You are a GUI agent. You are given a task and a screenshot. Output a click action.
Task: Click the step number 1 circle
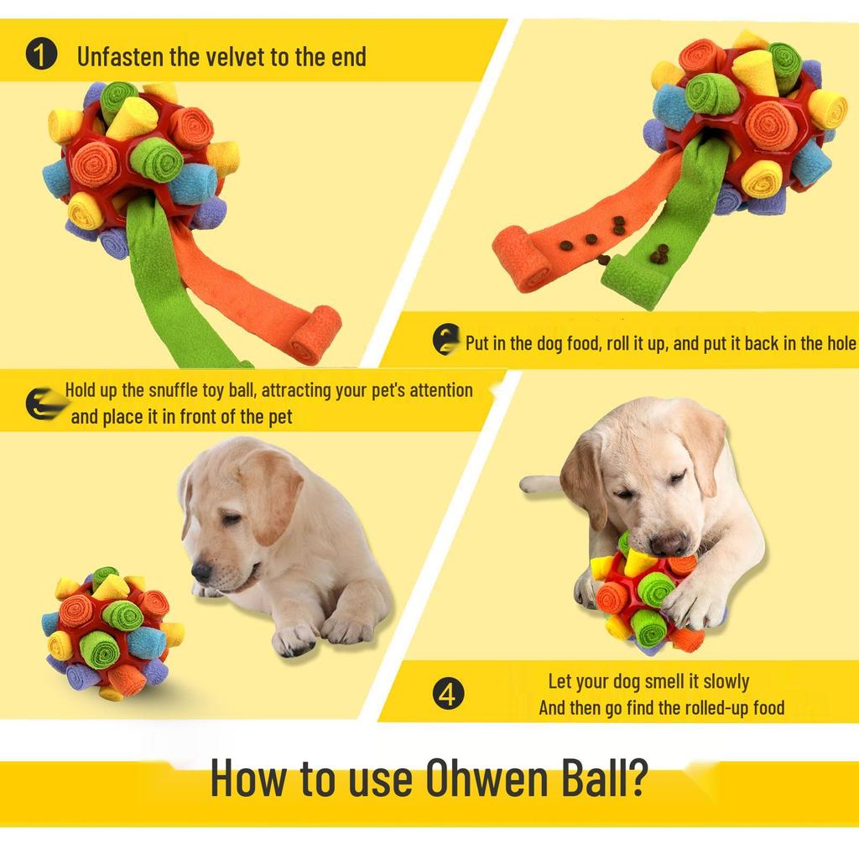pos(41,56)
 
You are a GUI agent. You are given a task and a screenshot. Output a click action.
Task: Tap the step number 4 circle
pos(449,695)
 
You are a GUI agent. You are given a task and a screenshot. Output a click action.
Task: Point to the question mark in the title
pos(635,778)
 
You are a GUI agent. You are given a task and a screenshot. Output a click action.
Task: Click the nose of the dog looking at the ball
pos(201,571)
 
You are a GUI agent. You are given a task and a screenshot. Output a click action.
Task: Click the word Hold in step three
pos(81,390)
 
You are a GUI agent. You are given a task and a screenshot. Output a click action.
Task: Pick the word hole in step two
pos(840,343)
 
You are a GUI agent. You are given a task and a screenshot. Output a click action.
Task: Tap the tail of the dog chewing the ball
pos(539,484)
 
